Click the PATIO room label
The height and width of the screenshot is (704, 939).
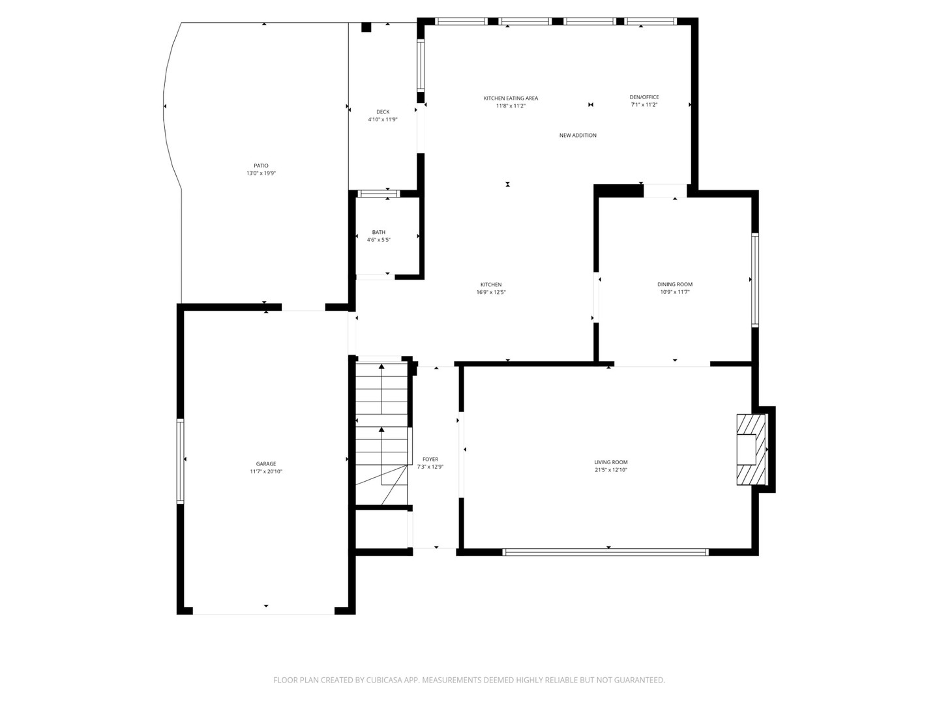[261, 166]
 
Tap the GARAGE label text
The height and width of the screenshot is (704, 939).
[265, 463]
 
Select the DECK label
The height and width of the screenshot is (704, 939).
[383, 112]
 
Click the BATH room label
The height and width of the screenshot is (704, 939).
[379, 232]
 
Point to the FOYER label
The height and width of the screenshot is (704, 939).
[430, 459]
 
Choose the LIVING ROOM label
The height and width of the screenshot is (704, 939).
[611, 462]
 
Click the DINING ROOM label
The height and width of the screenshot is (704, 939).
[675, 284]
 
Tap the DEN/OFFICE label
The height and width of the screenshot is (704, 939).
[644, 97]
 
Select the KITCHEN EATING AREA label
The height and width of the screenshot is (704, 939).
[511, 98]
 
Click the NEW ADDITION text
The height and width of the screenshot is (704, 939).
[578, 135]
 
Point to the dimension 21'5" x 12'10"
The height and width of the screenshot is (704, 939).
[611, 470]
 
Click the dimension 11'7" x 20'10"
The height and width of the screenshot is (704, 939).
[266, 471]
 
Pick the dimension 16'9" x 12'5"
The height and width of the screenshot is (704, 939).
[491, 293]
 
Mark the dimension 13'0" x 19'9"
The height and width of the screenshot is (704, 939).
[261, 173]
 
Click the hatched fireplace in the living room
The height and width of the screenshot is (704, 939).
[751, 449]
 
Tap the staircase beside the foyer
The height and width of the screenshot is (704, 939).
[381, 434]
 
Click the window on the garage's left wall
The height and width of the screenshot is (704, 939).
[180, 462]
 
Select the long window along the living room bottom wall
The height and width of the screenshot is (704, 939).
[605, 552]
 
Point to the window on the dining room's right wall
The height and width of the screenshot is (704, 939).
[755, 280]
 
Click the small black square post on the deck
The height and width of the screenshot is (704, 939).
[366, 27]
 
